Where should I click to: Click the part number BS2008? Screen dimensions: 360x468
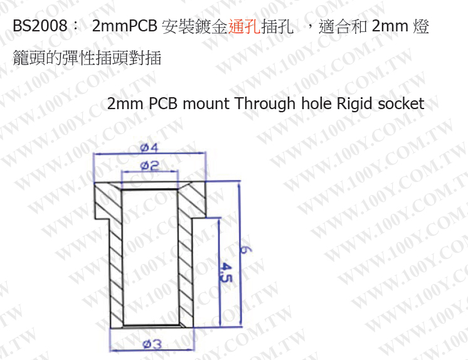(39, 27)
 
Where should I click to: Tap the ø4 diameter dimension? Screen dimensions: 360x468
(149, 149)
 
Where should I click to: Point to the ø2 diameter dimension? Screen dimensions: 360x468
(149, 166)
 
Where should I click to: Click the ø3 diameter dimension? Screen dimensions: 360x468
(152, 344)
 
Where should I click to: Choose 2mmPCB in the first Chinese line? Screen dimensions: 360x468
(124, 27)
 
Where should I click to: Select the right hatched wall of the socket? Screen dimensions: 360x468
(186, 263)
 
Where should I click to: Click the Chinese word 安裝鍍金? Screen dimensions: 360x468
(192, 27)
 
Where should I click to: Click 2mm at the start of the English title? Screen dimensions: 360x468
(127, 103)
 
